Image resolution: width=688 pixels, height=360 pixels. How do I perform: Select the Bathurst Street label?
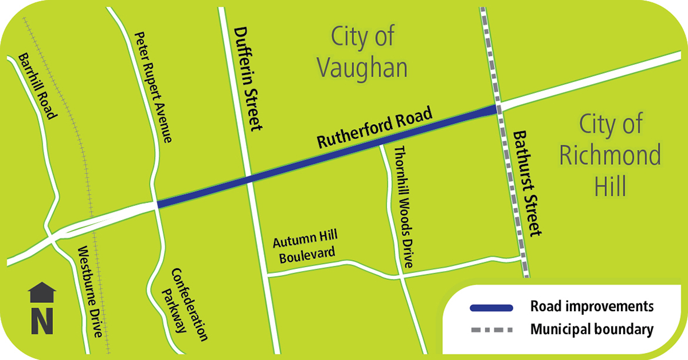pyautogui.click(x=526, y=183)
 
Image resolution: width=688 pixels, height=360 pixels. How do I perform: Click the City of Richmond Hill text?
pyautogui.click(x=610, y=156)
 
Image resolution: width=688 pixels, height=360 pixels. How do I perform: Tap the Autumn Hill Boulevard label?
pyautogui.click(x=305, y=247)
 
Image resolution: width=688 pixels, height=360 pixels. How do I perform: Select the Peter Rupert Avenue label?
pyautogui.click(x=153, y=87)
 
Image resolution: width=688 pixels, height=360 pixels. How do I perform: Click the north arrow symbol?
pyautogui.click(x=42, y=308)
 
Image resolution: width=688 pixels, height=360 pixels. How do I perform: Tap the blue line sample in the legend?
pyautogui.click(x=491, y=308)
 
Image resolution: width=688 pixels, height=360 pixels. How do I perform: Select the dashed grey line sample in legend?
pyautogui.click(x=491, y=329)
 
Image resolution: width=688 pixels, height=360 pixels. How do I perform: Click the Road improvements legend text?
pyautogui.click(x=592, y=306)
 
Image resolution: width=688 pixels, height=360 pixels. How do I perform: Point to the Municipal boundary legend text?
pyautogui.click(x=592, y=329)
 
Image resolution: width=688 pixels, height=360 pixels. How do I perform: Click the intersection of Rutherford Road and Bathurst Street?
pyautogui.click(x=497, y=108)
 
